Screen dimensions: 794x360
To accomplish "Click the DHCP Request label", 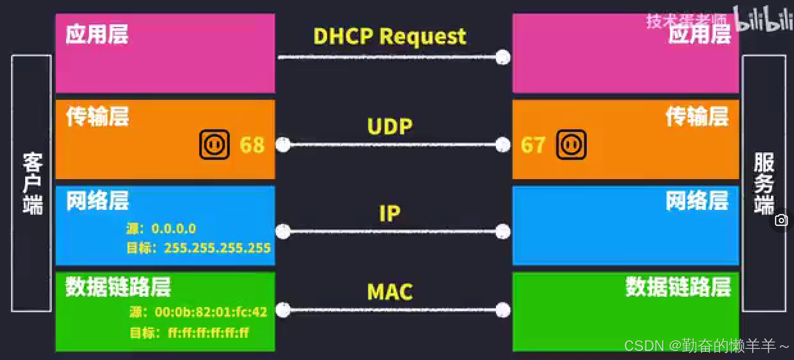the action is pos(390,37).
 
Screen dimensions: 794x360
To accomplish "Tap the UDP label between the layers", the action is pos(390,127).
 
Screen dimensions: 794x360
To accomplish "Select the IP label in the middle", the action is pos(390,213).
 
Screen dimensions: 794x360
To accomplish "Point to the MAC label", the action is pos(390,292).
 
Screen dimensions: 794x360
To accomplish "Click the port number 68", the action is pos(252,145).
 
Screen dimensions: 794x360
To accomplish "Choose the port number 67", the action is pos(533,145).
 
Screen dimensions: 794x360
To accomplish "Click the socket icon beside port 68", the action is pos(214,145).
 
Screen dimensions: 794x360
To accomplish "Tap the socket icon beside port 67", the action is pos(571,145).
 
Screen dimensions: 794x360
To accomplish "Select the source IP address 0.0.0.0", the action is pos(174,229).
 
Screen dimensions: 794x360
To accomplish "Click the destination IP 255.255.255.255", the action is pos(217,248).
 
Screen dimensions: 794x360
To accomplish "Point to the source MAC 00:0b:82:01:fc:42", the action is pos(211,312).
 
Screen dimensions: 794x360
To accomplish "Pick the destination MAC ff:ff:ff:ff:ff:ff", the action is pos(208,333).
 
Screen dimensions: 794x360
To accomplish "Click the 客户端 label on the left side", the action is pos(32,183).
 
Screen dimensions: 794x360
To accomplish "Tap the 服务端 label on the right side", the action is pos(764,183).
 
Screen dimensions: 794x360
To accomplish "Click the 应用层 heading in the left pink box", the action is pos(97,35).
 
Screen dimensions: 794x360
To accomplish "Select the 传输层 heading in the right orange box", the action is pos(697,116).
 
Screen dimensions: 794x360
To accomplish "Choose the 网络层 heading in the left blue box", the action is pos(98,200).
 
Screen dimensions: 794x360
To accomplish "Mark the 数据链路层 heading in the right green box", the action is pos(678,287).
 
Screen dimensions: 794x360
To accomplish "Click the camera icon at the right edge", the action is pos(781,220).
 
